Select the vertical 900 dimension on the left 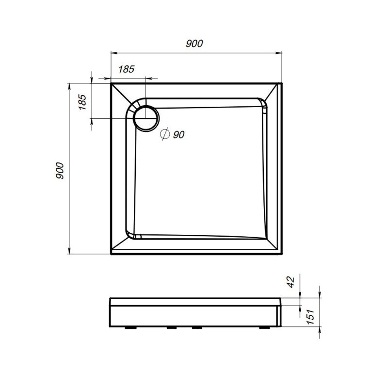59,170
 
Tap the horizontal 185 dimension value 126,69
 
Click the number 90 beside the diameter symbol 178,135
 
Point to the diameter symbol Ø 164,134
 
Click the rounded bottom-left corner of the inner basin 132,235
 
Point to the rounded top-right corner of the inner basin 263,103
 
